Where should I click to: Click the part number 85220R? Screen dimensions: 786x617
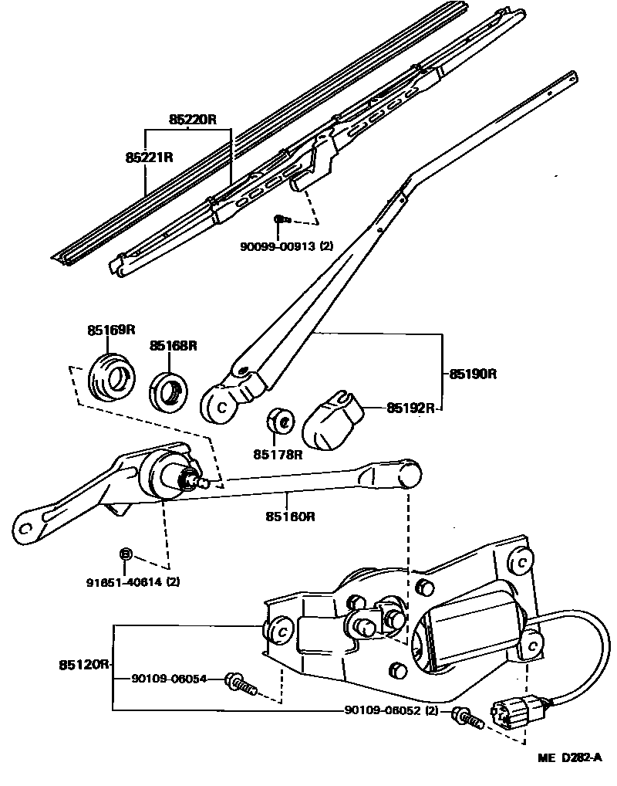193,120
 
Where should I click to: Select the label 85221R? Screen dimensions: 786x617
149,158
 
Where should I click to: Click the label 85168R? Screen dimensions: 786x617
174,346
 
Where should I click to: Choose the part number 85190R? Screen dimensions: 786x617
473,374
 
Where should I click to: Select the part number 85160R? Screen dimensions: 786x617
291,516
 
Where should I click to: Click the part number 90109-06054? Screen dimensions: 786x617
169,678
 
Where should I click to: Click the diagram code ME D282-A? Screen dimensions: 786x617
569,758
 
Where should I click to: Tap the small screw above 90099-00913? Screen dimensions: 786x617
282,221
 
